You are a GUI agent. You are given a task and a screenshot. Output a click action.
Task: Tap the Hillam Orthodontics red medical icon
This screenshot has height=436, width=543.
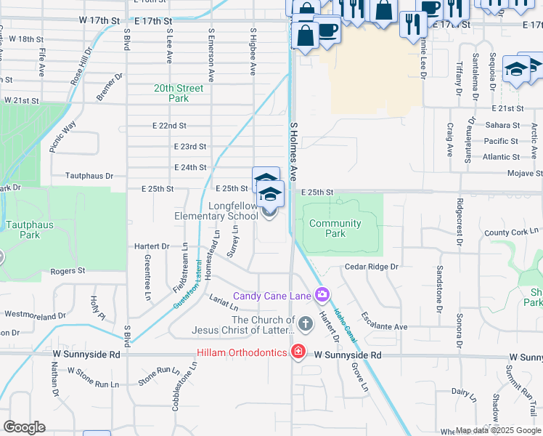pos(297,352)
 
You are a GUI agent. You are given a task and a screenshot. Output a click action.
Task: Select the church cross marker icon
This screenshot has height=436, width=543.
pos(305,322)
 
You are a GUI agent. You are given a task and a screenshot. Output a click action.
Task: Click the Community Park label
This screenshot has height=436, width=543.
pos(335,229)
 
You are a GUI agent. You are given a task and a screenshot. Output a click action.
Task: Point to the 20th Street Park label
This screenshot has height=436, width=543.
pos(179,93)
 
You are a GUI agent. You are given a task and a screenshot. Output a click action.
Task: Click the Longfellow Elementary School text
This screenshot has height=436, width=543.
pos(216,211)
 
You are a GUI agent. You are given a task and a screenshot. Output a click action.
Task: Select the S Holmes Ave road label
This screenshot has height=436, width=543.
pos(294,151)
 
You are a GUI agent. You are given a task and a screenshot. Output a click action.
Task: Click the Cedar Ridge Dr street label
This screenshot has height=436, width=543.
pos(372,267)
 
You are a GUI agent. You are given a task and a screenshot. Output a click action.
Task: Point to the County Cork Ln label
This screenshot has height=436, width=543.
pos(512,233)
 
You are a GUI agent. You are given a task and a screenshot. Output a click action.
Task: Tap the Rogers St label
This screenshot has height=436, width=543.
pos(68,271)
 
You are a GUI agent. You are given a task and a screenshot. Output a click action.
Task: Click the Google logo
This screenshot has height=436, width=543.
pos(24,427)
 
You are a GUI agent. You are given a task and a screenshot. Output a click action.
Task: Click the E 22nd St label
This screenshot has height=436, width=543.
pos(169,126)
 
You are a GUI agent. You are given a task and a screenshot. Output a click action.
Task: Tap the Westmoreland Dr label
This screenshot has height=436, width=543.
pos(34,315)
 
